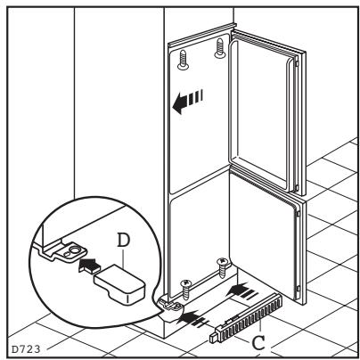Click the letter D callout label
click(x=124, y=241)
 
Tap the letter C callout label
click(x=258, y=343)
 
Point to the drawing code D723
click(x=26, y=349)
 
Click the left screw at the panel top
click(x=183, y=60)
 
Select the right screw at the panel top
click(x=220, y=47)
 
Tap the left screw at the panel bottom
click(x=185, y=289)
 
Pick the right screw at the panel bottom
click(x=222, y=267)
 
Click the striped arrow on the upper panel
click(x=188, y=101)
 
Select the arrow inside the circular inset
click(x=89, y=265)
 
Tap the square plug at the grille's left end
click(x=214, y=338)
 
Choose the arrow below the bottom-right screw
click(x=242, y=291)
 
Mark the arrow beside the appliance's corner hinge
click(x=192, y=319)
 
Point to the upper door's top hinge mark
click(x=298, y=63)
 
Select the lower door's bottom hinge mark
click(x=298, y=288)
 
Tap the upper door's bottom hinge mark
click(x=297, y=187)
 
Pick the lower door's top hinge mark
click(x=298, y=212)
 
